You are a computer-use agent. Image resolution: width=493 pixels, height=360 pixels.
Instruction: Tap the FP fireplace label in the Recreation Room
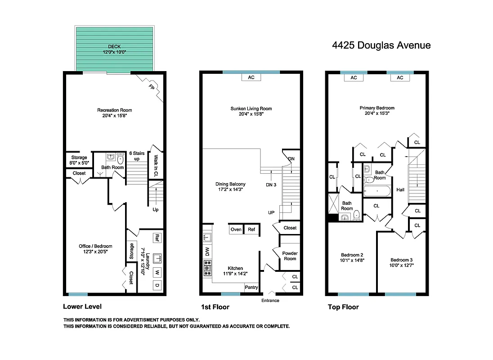pos(152,88)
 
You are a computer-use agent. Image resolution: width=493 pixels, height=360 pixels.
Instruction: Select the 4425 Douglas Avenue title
pos(381,45)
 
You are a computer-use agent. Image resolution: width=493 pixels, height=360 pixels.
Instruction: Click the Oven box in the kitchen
pos(236,229)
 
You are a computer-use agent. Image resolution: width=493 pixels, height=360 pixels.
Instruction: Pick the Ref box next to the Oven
pos(251,229)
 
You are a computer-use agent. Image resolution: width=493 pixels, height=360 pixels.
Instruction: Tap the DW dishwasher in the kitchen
pos(207,251)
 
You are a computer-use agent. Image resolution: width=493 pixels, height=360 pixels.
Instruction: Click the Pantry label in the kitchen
pos(251,287)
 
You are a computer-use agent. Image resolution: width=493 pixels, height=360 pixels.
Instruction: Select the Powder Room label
pos(290,256)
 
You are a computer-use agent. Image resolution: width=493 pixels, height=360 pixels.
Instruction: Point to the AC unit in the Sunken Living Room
pos(251,77)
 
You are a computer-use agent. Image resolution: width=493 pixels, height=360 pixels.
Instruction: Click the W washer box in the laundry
pos(157,272)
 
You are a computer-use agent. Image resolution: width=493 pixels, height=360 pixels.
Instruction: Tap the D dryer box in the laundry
pos(157,285)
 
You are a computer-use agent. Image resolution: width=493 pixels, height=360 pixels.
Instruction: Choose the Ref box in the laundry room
pos(157,237)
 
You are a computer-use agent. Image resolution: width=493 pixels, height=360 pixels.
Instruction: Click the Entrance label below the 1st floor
pos(270,301)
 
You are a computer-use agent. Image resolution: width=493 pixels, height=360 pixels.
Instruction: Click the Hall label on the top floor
pos(400,190)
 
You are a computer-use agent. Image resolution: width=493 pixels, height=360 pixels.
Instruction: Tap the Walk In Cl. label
pos(156,165)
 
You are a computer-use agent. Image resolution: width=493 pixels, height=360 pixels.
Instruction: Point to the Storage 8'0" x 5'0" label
pos(79,160)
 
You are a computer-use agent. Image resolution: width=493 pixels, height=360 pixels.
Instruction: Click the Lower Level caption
pos(82,307)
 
